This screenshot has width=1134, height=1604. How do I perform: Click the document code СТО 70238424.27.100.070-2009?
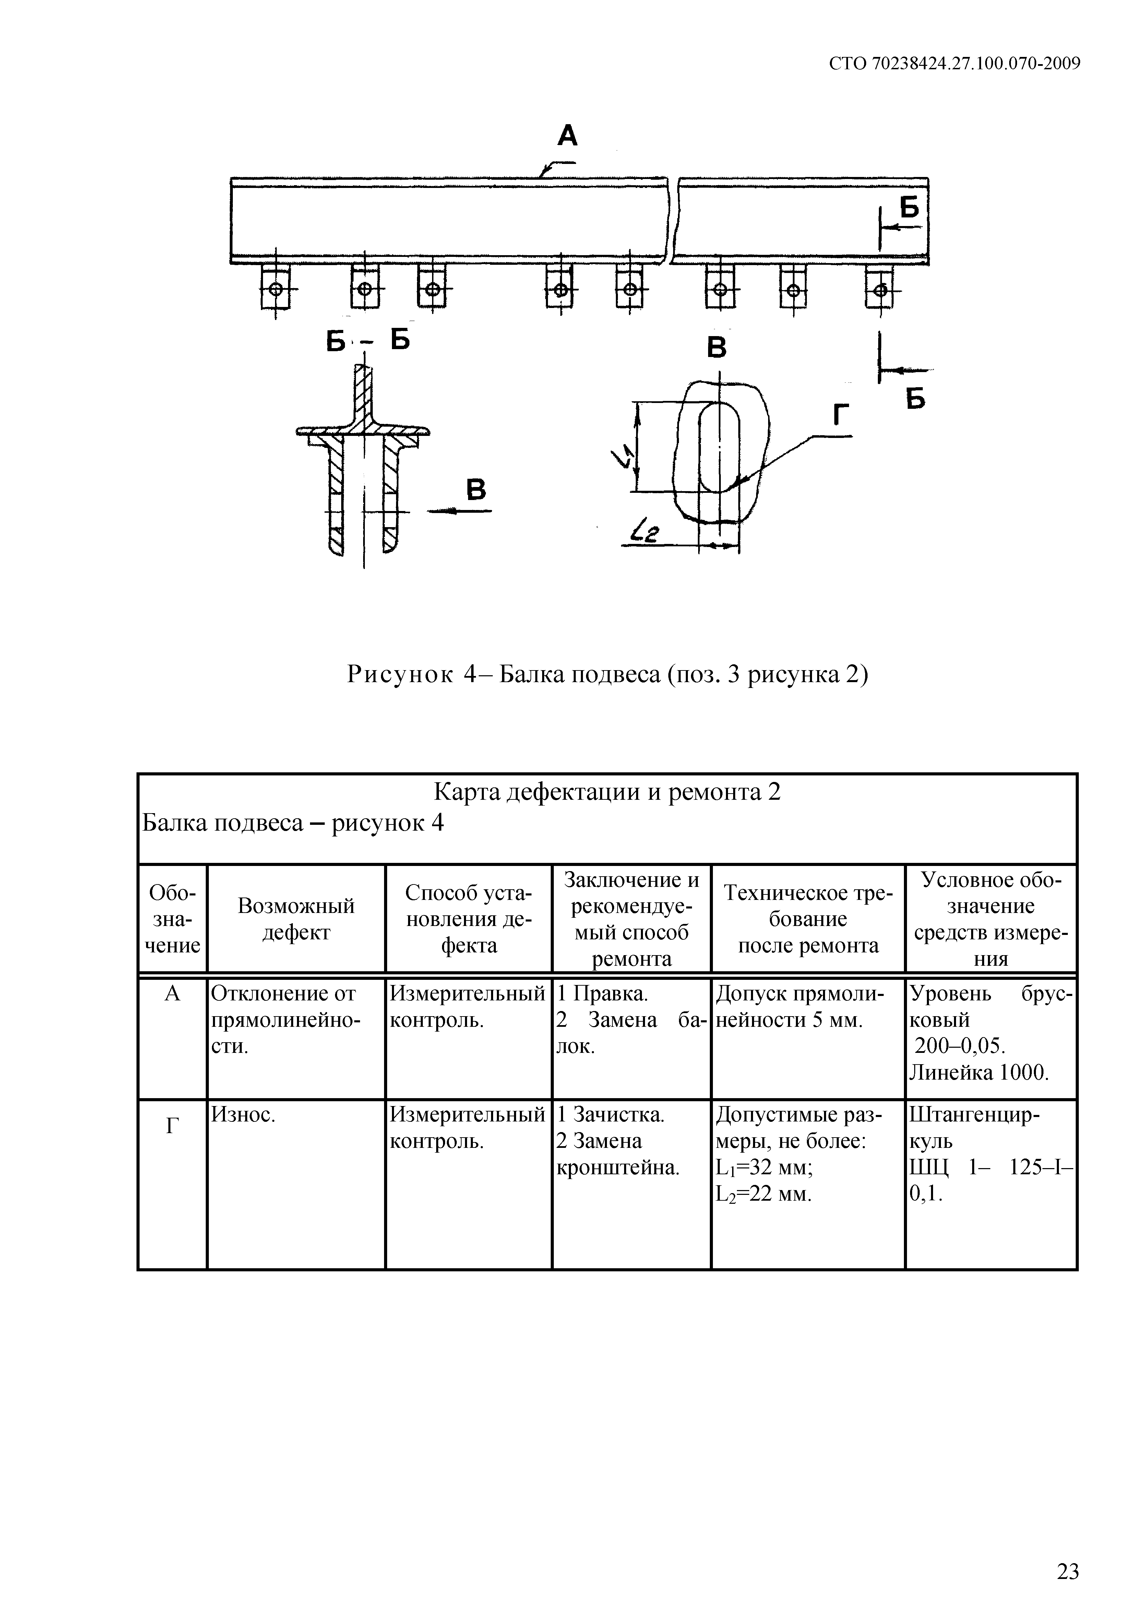pyautogui.click(x=954, y=63)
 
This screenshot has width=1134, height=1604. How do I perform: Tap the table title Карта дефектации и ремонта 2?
pyautogui.click(x=607, y=792)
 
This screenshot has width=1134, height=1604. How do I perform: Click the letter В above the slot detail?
pyautogui.click(x=717, y=347)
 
